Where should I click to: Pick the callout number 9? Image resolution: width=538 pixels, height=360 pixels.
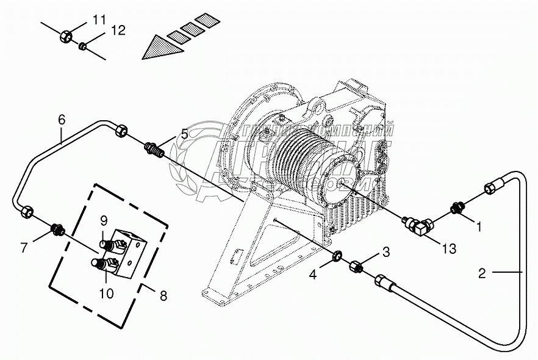coord(104,220)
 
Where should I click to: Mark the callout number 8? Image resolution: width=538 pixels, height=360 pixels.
coord(163,297)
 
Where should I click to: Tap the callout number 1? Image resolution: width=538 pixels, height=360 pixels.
coord(479,228)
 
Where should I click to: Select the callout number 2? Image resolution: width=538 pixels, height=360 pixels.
coord(482,274)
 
